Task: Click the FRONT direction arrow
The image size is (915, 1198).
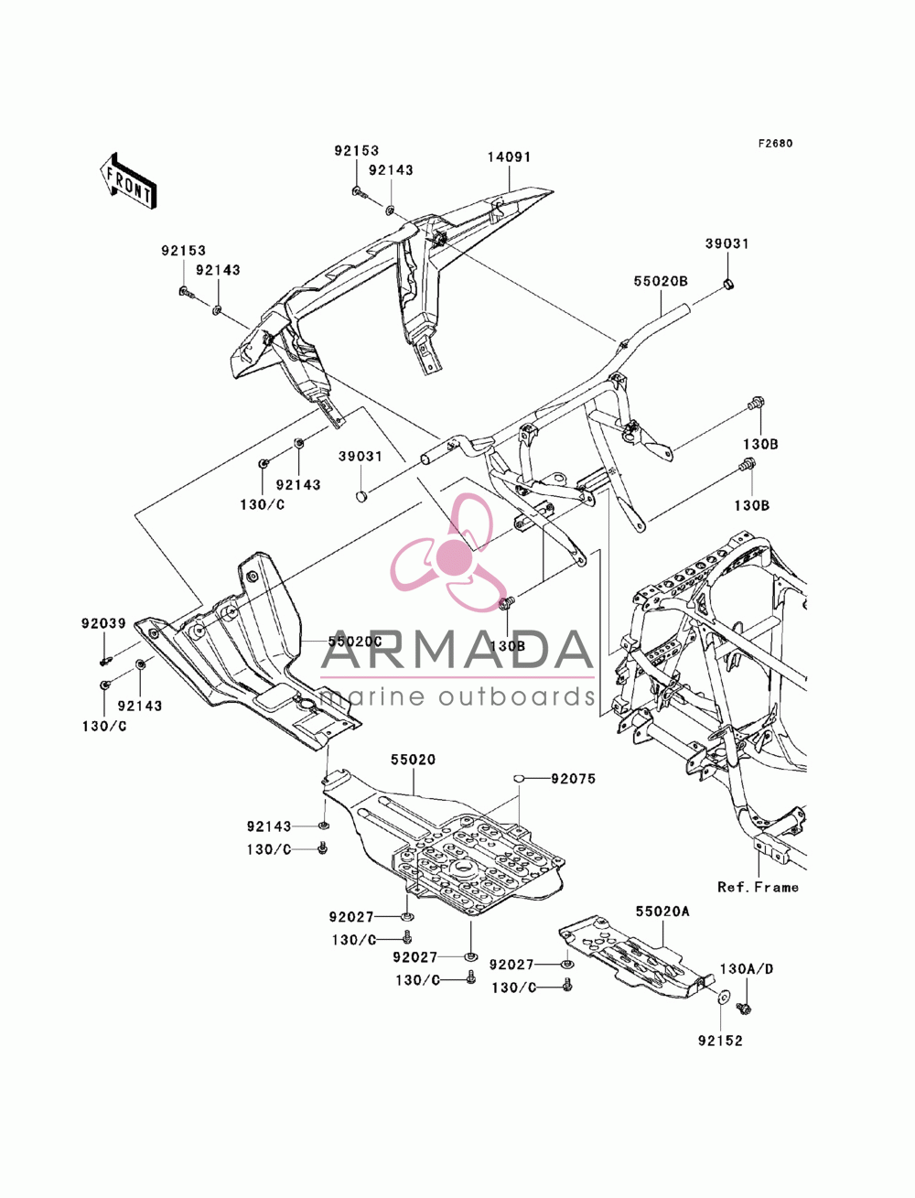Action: [x=128, y=180]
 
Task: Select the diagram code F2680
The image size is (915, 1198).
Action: [x=775, y=144]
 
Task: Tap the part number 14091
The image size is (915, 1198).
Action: [x=509, y=157]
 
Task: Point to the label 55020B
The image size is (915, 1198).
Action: [x=661, y=282]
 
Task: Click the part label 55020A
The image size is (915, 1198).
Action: [x=662, y=911]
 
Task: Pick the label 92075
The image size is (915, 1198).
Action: [x=573, y=779]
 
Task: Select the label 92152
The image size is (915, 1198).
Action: [x=720, y=1041]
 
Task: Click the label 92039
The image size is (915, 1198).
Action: [x=103, y=622]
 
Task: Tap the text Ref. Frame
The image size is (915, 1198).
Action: [x=758, y=888]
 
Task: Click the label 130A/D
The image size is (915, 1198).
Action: [x=747, y=969]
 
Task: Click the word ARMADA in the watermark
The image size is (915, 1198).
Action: [x=457, y=650]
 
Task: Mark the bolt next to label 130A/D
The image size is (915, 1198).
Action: [x=743, y=1008]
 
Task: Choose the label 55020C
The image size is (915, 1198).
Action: [x=355, y=642]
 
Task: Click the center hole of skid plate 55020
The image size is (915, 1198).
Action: [x=464, y=867]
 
